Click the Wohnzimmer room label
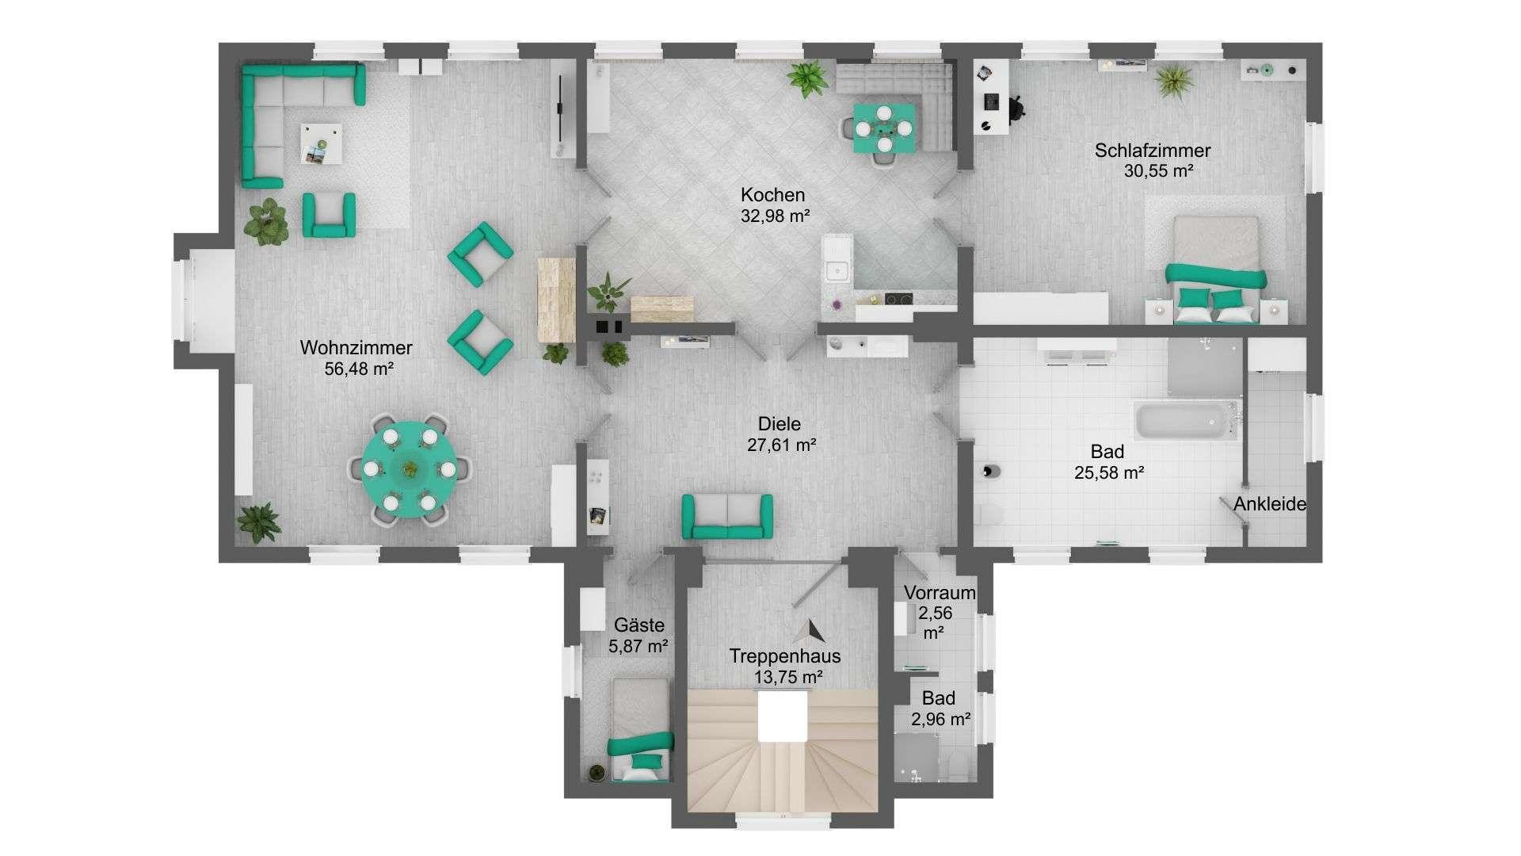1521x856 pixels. click(x=356, y=348)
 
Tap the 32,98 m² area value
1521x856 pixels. click(x=775, y=216)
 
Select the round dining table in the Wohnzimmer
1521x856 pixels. click(x=410, y=469)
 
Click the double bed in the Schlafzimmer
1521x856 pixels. click(x=1215, y=269)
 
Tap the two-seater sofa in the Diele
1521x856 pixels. click(x=727, y=516)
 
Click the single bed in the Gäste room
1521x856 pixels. click(x=640, y=728)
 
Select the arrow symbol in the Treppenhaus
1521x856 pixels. click(x=810, y=632)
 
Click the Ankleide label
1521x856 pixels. click(x=1269, y=504)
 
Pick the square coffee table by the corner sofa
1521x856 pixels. click(x=322, y=143)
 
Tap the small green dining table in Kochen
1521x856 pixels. click(x=883, y=128)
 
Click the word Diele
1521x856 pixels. click(x=779, y=424)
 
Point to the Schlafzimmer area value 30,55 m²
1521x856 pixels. click(x=1158, y=170)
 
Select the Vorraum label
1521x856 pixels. click(x=940, y=592)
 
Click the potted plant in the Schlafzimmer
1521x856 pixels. click(x=1173, y=80)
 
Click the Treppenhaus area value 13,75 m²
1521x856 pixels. click(x=788, y=678)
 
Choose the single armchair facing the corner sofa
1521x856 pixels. click(x=329, y=215)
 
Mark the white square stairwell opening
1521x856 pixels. click(x=783, y=717)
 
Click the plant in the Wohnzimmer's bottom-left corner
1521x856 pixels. click(x=259, y=522)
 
